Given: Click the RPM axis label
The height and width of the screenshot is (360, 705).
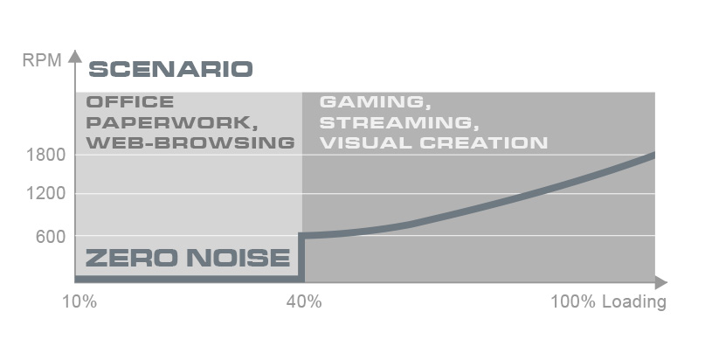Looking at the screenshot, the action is point(42,59).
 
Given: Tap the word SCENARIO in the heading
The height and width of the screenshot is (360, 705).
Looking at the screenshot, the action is point(171,69).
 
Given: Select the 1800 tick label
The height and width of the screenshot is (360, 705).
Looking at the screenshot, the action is point(45,155).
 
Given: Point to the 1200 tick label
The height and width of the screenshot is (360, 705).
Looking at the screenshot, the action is point(45,194).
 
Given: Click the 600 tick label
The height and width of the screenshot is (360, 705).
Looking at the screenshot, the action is point(51,237).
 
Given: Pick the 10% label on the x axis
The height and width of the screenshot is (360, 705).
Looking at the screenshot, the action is point(79,301).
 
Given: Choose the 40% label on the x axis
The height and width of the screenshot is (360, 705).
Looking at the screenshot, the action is point(304,301).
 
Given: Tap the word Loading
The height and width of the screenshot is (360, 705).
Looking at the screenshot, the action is point(634,302).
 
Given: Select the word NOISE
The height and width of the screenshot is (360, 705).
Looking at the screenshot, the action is point(238,258).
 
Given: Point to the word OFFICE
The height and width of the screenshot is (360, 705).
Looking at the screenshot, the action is point(130,102).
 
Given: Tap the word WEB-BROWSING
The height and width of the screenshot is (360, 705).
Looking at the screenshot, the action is point(190,143).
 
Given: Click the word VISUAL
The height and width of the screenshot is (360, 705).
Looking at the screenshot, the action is point(366,143).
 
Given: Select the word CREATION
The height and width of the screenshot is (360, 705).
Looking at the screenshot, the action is point(484,143).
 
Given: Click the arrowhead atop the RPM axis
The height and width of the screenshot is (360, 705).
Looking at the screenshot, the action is point(75,57).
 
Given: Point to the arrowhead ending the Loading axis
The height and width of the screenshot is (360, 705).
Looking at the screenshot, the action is point(661,283).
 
